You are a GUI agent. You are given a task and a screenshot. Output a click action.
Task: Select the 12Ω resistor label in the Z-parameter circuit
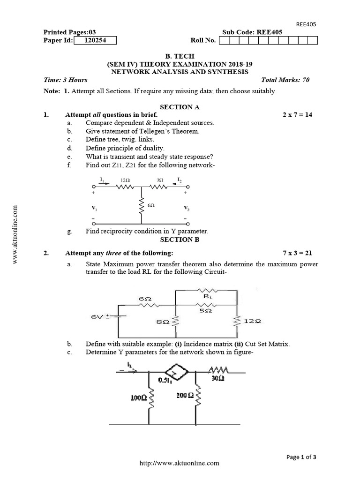pos(125,180)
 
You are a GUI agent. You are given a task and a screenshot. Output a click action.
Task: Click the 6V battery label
pos(97,317)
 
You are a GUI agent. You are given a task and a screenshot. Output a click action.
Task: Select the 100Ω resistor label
pos(139,397)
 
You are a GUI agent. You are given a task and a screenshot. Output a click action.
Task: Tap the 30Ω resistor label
pos(217,379)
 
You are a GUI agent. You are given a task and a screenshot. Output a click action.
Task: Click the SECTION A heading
pos(180,107)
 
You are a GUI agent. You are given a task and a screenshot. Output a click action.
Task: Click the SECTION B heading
pos(180,240)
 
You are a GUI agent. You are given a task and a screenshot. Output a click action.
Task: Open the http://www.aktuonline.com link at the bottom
pos(180,463)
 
